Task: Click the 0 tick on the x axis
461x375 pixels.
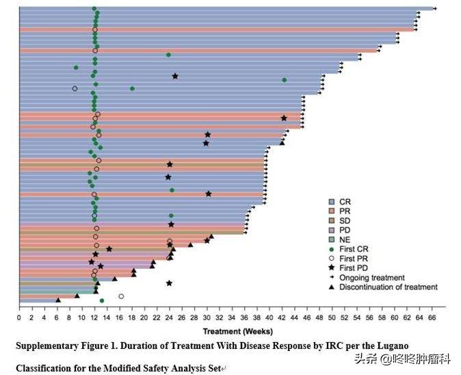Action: tap(19, 318)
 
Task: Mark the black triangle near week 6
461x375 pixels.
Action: tap(58, 300)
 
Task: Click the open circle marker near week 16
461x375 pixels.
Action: tap(121, 296)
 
